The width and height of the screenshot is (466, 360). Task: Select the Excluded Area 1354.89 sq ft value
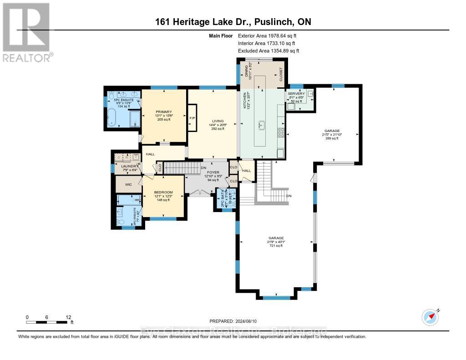[268, 51]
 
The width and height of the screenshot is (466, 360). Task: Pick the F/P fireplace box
[192, 117]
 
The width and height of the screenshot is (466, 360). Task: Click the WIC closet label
[128, 184]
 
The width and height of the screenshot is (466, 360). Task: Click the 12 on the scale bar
[68, 317]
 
